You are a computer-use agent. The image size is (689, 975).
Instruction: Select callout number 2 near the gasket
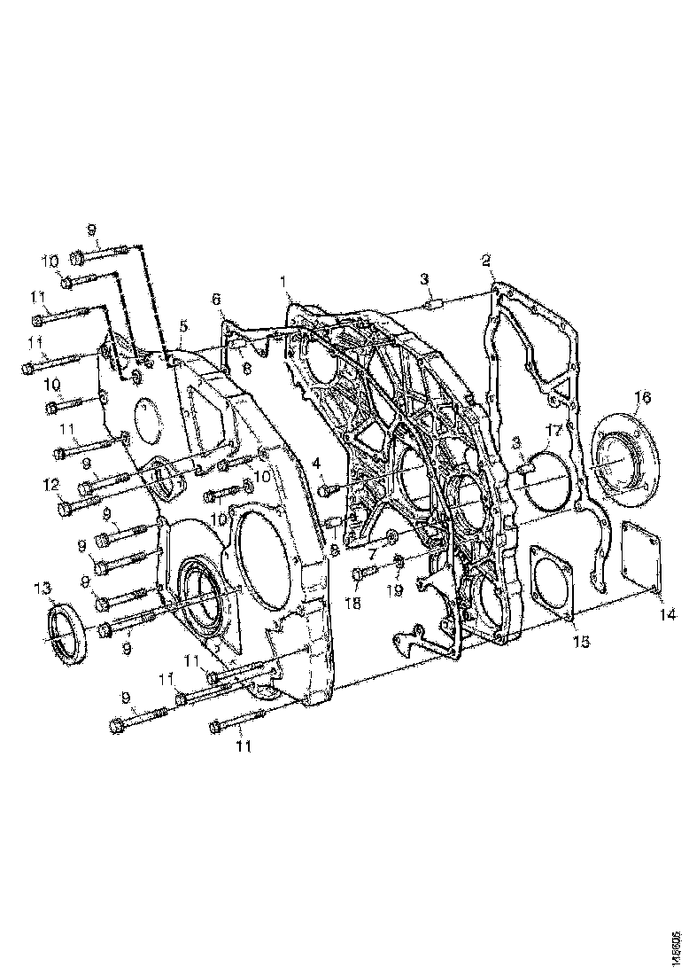[486, 261]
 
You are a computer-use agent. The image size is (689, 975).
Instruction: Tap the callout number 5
[182, 326]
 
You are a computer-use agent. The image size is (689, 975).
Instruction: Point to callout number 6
[216, 300]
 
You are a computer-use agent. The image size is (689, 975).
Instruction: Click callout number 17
[554, 431]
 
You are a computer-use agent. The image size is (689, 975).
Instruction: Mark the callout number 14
[663, 612]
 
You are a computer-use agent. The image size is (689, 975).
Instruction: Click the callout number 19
[399, 588]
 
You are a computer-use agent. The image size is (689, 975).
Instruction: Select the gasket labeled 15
[550, 581]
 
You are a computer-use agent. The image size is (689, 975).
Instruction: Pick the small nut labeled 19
[399, 561]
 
